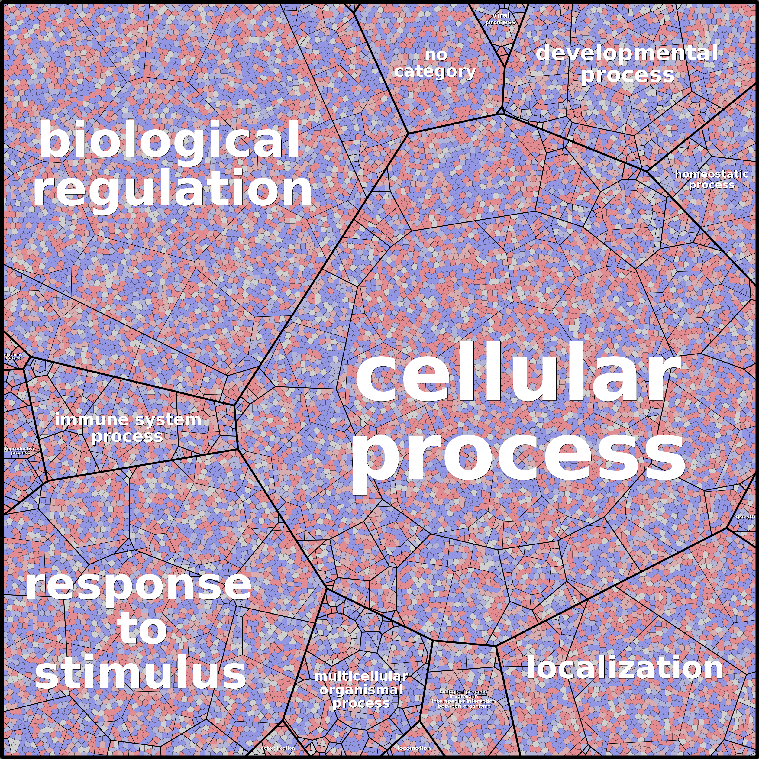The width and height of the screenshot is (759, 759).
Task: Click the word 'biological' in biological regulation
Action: click(x=170, y=140)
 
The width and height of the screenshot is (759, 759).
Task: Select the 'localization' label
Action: click(x=625, y=668)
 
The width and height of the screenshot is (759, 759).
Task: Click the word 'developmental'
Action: click(x=627, y=53)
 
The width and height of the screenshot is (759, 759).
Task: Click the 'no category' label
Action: click(x=435, y=64)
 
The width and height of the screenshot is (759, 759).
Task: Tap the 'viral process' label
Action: click(x=500, y=18)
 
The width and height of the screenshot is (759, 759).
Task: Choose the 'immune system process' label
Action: click(x=128, y=428)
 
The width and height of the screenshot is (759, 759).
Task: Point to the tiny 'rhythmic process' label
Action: click(x=13, y=356)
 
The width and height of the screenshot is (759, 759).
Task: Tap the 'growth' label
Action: click(x=745, y=517)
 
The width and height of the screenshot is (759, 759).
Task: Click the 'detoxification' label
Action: click(x=278, y=748)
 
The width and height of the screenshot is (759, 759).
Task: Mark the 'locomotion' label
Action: click(x=414, y=748)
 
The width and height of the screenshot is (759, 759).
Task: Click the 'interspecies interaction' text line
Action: click(x=463, y=701)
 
